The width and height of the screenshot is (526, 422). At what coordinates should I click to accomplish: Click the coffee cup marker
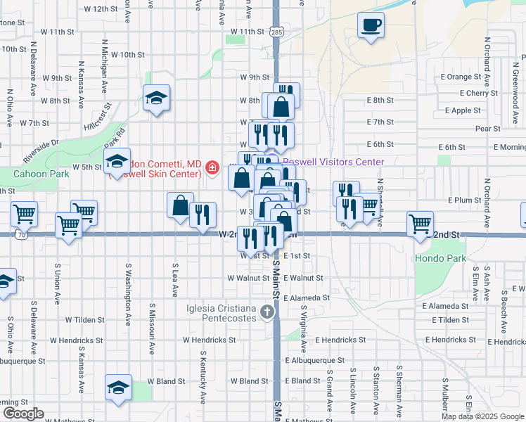(371, 26)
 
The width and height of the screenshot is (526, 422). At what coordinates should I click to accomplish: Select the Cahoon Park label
(37, 173)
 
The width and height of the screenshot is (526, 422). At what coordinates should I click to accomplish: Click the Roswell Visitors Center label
(333, 162)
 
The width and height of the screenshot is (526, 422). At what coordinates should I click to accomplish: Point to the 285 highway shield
(276, 32)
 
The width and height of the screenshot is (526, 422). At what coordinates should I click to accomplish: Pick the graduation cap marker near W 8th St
(156, 97)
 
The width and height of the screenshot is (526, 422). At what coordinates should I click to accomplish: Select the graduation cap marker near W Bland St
(118, 386)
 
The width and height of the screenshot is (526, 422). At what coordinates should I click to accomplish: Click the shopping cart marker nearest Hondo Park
(420, 224)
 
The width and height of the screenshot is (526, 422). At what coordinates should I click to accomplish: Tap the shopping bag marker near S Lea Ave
(180, 205)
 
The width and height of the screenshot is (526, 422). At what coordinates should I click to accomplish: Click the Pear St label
(487, 129)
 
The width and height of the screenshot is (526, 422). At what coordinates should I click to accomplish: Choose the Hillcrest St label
(98, 118)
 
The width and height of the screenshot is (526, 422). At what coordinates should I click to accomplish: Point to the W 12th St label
(94, 9)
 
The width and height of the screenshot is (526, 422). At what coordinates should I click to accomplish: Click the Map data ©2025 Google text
(482, 416)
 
